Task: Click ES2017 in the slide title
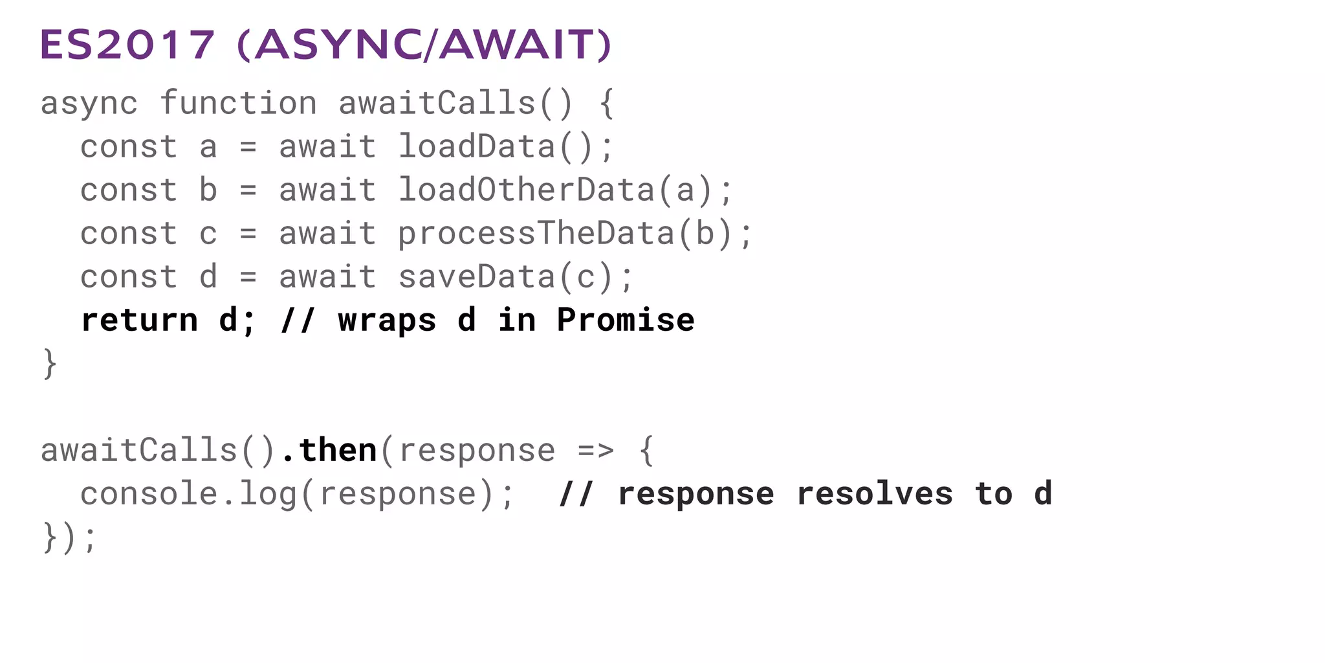[x=127, y=45]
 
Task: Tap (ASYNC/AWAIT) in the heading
[x=424, y=45]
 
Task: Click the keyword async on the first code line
[x=89, y=104]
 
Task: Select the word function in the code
[x=238, y=104]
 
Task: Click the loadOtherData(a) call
[x=565, y=190]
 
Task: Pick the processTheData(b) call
[x=575, y=234]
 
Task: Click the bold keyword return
[x=139, y=320]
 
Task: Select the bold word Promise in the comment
[x=626, y=320]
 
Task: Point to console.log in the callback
[x=188, y=494]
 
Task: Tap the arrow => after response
[x=596, y=451]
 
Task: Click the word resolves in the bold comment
[x=874, y=494]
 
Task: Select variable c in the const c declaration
[x=208, y=234]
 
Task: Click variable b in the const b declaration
[x=208, y=190]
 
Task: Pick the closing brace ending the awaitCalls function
[x=50, y=364]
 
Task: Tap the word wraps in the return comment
[x=387, y=320]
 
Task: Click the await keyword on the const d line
[x=327, y=277]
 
